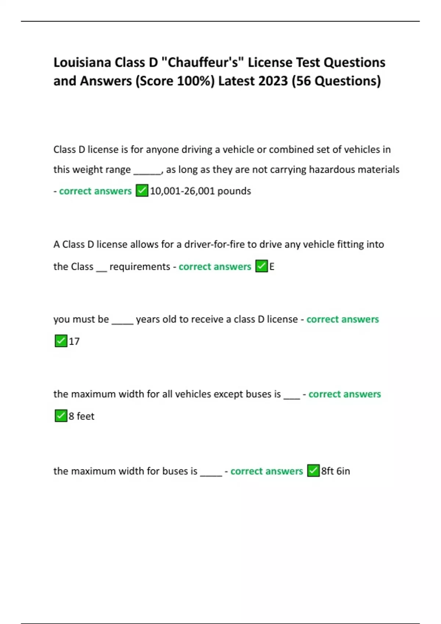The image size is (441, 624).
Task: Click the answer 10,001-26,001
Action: [182, 191]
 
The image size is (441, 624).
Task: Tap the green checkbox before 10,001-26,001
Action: [142, 191]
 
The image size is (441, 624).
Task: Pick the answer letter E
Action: [272, 267]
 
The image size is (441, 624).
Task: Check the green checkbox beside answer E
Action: [261, 266]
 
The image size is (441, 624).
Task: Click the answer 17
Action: [74, 342]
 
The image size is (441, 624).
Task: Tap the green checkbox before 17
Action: [61, 341]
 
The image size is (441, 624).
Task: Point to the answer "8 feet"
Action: [82, 416]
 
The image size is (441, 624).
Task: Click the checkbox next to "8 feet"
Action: [61, 416]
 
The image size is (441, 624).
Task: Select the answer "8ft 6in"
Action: [336, 471]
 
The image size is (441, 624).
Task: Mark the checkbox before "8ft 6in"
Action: [313, 471]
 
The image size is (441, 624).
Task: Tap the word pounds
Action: [234, 191]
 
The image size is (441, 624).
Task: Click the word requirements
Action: [140, 267]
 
